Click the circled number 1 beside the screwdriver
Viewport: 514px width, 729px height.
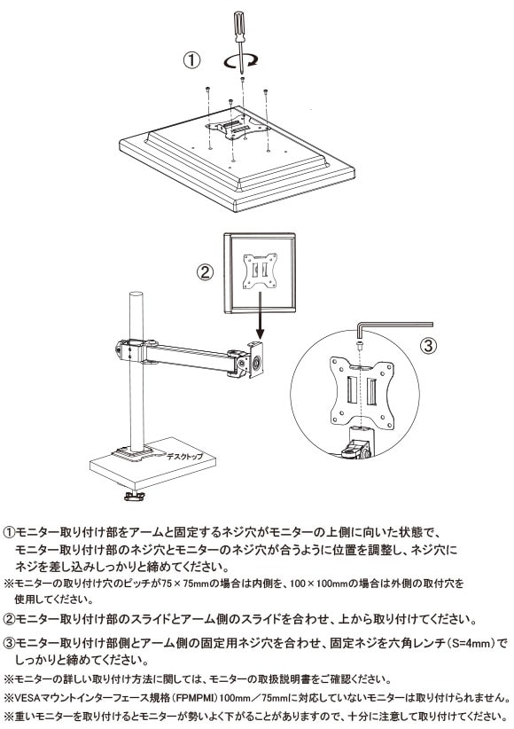pyautogui.click(x=191, y=60)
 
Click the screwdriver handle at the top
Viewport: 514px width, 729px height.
pyautogui.click(x=238, y=27)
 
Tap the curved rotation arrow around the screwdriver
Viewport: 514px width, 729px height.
pyautogui.click(x=240, y=61)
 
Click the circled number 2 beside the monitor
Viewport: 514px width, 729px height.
pyautogui.click(x=205, y=272)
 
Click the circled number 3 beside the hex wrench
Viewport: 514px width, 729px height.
pyautogui.click(x=429, y=345)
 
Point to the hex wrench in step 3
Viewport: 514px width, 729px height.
pyautogui.click(x=394, y=325)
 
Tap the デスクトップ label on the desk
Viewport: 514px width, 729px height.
pyautogui.click(x=185, y=456)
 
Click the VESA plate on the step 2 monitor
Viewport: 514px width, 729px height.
pyautogui.click(x=260, y=271)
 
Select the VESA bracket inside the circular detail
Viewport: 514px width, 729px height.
pyautogui.click(x=361, y=391)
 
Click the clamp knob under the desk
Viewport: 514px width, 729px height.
pyautogui.click(x=135, y=496)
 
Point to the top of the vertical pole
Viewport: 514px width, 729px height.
pyautogui.click(x=136, y=295)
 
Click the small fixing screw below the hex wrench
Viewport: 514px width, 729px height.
pyautogui.click(x=360, y=345)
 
